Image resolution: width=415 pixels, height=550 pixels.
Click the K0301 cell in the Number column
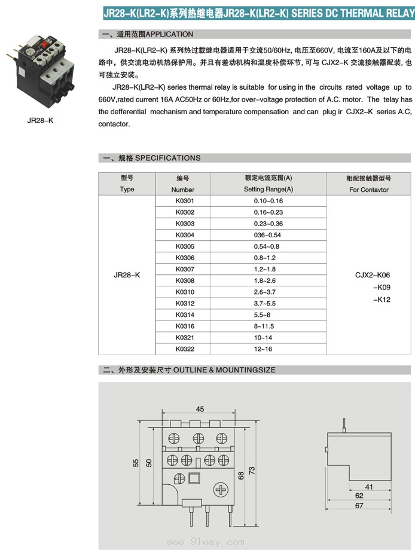185,201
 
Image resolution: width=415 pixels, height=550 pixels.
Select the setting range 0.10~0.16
267,201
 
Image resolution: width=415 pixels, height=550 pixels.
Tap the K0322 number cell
185,349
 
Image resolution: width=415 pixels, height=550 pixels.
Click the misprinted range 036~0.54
267,235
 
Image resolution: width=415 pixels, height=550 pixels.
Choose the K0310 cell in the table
185,292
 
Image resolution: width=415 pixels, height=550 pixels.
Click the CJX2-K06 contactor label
372,275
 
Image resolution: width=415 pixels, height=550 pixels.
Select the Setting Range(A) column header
268,189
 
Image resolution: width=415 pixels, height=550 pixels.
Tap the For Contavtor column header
369,190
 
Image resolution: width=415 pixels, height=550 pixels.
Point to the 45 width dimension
200,410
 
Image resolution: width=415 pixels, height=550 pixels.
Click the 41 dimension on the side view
369,487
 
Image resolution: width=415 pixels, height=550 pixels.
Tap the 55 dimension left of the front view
136,463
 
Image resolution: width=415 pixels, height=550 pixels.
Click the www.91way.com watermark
206,542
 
